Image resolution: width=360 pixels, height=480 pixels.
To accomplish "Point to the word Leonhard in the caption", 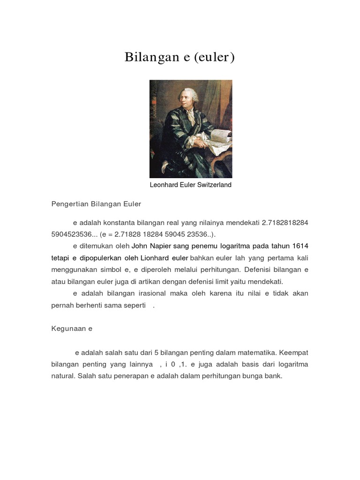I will coord(164,185).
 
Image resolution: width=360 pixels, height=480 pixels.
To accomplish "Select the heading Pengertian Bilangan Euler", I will coord(96,204).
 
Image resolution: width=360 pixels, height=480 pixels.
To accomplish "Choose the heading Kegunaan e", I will coord(72,329).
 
